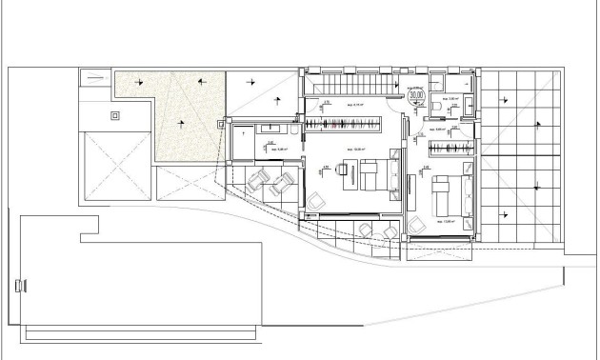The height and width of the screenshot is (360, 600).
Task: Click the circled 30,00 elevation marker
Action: coord(416,94)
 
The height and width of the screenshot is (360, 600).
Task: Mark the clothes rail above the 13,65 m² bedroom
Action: coord(448,146)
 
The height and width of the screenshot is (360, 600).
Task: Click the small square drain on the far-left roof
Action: coord(116,115)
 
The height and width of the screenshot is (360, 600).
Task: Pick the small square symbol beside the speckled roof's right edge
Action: coord(223,122)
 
